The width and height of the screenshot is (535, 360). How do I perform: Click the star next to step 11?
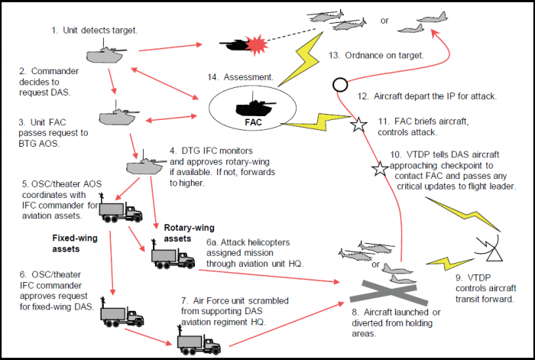point(356,125)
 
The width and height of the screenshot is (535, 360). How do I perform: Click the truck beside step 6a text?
point(173,258)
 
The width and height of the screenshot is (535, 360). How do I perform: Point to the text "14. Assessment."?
point(240,77)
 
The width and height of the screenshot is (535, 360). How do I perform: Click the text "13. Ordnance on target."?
point(376,56)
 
